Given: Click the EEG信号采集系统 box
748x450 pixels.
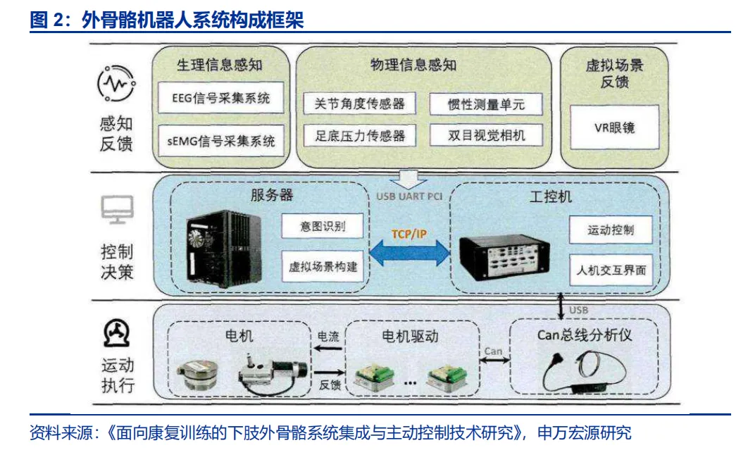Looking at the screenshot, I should point(221,99).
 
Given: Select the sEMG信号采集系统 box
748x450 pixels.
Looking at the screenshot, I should point(221,141).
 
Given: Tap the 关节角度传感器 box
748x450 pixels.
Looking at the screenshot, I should point(359,104).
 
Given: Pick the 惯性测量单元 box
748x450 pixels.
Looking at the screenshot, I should point(487,104).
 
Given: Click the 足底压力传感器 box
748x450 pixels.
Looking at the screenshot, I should point(359,135).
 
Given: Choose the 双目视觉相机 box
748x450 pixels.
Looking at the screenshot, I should point(487,135).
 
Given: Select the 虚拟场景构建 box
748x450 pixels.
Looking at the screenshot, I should point(323,267).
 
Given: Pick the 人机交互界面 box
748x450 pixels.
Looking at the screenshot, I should point(611,270).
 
